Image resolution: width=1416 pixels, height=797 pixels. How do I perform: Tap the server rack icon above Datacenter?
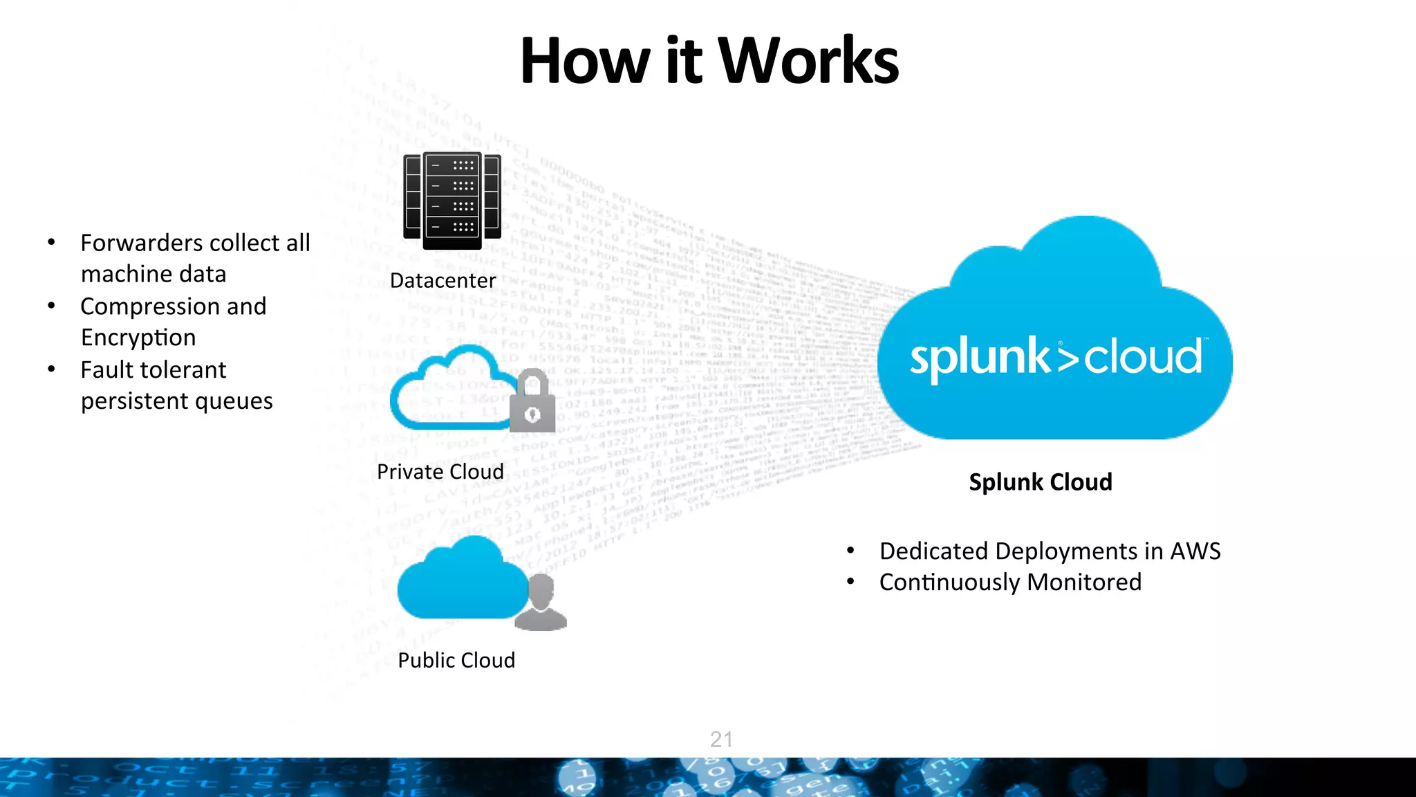point(452,201)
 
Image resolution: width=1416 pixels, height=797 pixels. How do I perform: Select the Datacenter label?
point(442,281)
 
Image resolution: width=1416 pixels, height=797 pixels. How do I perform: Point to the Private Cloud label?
point(440,472)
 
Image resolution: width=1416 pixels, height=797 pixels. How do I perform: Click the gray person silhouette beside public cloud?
point(542,603)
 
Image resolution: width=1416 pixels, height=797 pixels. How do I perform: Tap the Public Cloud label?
point(456,661)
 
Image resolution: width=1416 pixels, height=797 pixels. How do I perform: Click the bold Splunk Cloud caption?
point(1040,482)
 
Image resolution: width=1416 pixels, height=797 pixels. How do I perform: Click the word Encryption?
point(138,338)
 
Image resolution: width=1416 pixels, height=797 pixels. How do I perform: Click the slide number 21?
point(721,739)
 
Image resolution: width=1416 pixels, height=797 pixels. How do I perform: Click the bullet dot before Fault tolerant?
point(51,369)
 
